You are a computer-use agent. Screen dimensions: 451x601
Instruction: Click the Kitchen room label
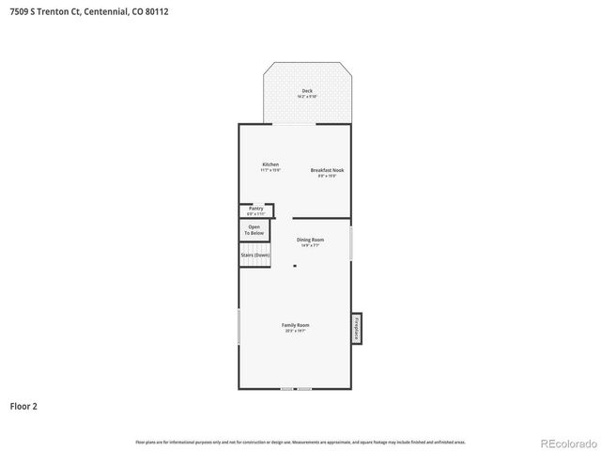click(x=270, y=164)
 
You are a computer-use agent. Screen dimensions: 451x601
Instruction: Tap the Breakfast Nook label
click(x=328, y=170)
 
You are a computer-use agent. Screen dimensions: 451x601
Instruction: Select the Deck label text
click(x=307, y=90)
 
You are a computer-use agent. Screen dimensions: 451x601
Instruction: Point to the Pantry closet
click(x=254, y=210)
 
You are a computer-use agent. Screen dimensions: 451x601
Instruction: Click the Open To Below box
click(x=254, y=230)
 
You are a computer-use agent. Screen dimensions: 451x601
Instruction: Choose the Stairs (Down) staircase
click(x=254, y=255)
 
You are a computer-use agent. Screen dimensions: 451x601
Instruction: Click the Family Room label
click(x=295, y=325)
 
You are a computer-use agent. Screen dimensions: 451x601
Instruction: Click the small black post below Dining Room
click(x=295, y=266)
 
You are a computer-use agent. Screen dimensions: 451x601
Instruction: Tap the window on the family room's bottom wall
click(x=295, y=388)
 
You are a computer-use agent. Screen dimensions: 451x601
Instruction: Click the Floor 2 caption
click(x=23, y=406)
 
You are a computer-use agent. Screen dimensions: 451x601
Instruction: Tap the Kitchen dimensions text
click(x=270, y=170)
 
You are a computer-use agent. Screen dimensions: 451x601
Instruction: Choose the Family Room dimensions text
click(x=295, y=331)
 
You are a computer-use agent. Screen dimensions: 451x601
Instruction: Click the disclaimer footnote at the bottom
click(x=300, y=442)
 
